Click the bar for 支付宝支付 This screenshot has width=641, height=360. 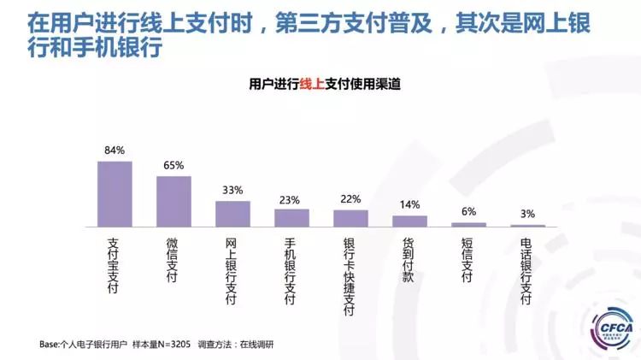tap(115, 194)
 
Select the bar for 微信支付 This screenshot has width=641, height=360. tap(173, 202)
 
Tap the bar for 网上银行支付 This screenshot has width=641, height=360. tap(232, 214)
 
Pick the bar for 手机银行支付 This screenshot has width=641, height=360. tap(291, 218)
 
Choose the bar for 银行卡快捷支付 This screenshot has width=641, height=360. tap(350, 218)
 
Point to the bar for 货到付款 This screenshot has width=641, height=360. tap(409, 221)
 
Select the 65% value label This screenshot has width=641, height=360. tap(173, 166)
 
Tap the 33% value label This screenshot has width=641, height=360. tap(232, 190)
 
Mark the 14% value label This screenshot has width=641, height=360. tap(409, 205)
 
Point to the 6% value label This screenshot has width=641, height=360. tap(468, 211)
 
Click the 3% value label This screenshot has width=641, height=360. tap(527, 214)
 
